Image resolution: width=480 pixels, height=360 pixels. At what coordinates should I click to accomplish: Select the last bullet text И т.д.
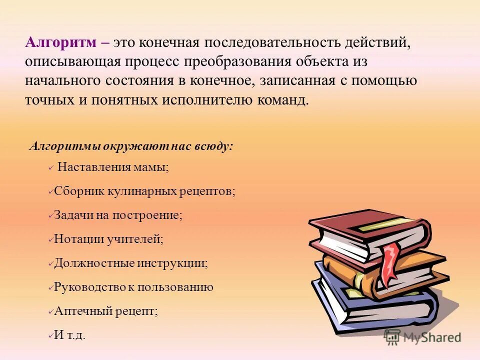coord(69,335)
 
